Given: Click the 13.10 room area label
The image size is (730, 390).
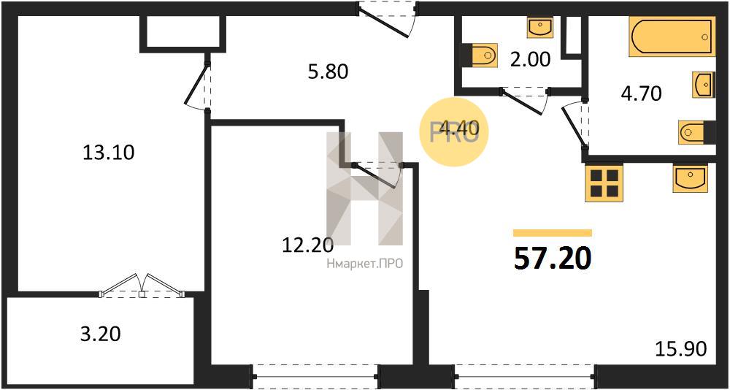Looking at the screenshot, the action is [108, 153].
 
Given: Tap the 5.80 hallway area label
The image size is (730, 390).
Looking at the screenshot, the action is [328, 72].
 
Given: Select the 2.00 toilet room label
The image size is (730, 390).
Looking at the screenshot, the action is [531, 59].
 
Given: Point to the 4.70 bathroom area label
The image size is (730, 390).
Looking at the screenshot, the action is [641, 94].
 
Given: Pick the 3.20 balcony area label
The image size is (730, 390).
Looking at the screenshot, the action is [101, 334].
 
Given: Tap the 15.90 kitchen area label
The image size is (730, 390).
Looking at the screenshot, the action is [681, 348].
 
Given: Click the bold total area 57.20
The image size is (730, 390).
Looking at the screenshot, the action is [553, 259].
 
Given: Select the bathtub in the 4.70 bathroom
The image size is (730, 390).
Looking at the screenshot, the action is [672, 37].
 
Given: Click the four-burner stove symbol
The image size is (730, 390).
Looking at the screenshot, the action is [604, 183].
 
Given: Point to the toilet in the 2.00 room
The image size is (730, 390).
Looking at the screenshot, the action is [480, 55].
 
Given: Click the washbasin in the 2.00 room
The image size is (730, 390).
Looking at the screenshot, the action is [539, 27].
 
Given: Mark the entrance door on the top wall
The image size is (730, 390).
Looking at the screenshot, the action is [388, 20].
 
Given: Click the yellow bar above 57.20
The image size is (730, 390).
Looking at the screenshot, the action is [553, 233].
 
